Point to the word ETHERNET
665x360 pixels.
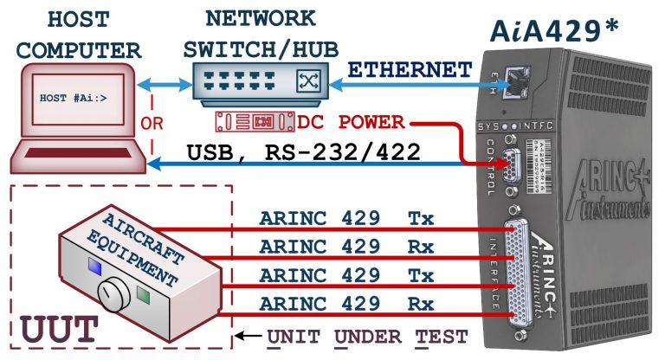410,70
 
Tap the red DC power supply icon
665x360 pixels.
263,119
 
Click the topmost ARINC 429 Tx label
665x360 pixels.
346,220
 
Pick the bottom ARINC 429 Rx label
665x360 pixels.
346,303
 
